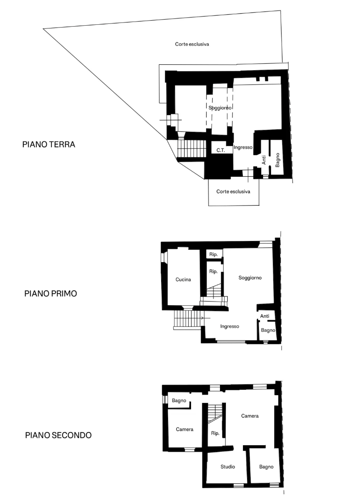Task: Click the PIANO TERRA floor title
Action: pyautogui.click(x=49, y=144)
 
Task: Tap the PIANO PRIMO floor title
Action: pyautogui.click(x=51, y=293)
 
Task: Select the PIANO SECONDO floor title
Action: pyautogui.click(x=58, y=435)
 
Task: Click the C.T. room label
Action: pyautogui.click(x=220, y=150)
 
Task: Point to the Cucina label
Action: pyautogui.click(x=183, y=280)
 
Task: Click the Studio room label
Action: pyautogui.click(x=228, y=467)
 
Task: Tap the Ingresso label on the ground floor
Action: pyautogui.click(x=243, y=147)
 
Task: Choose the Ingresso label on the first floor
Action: pyautogui.click(x=230, y=326)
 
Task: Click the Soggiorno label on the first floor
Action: pyautogui.click(x=250, y=278)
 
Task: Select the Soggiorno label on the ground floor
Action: pyautogui.click(x=220, y=107)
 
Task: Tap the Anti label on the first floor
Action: pyautogui.click(x=264, y=316)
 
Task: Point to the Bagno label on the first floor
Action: pyautogui.click(x=268, y=330)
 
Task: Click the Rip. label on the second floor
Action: pyautogui.click(x=215, y=433)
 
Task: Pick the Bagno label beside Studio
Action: pyautogui.click(x=266, y=467)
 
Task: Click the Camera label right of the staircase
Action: pyautogui.click(x=250, y=416)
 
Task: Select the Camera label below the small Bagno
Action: pyautogui.click(x=185, y=429)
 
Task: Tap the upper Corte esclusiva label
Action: pyautogui.click(x=192, y=45)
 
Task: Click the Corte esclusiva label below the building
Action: pyautogui.click(x=233, y=191)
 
